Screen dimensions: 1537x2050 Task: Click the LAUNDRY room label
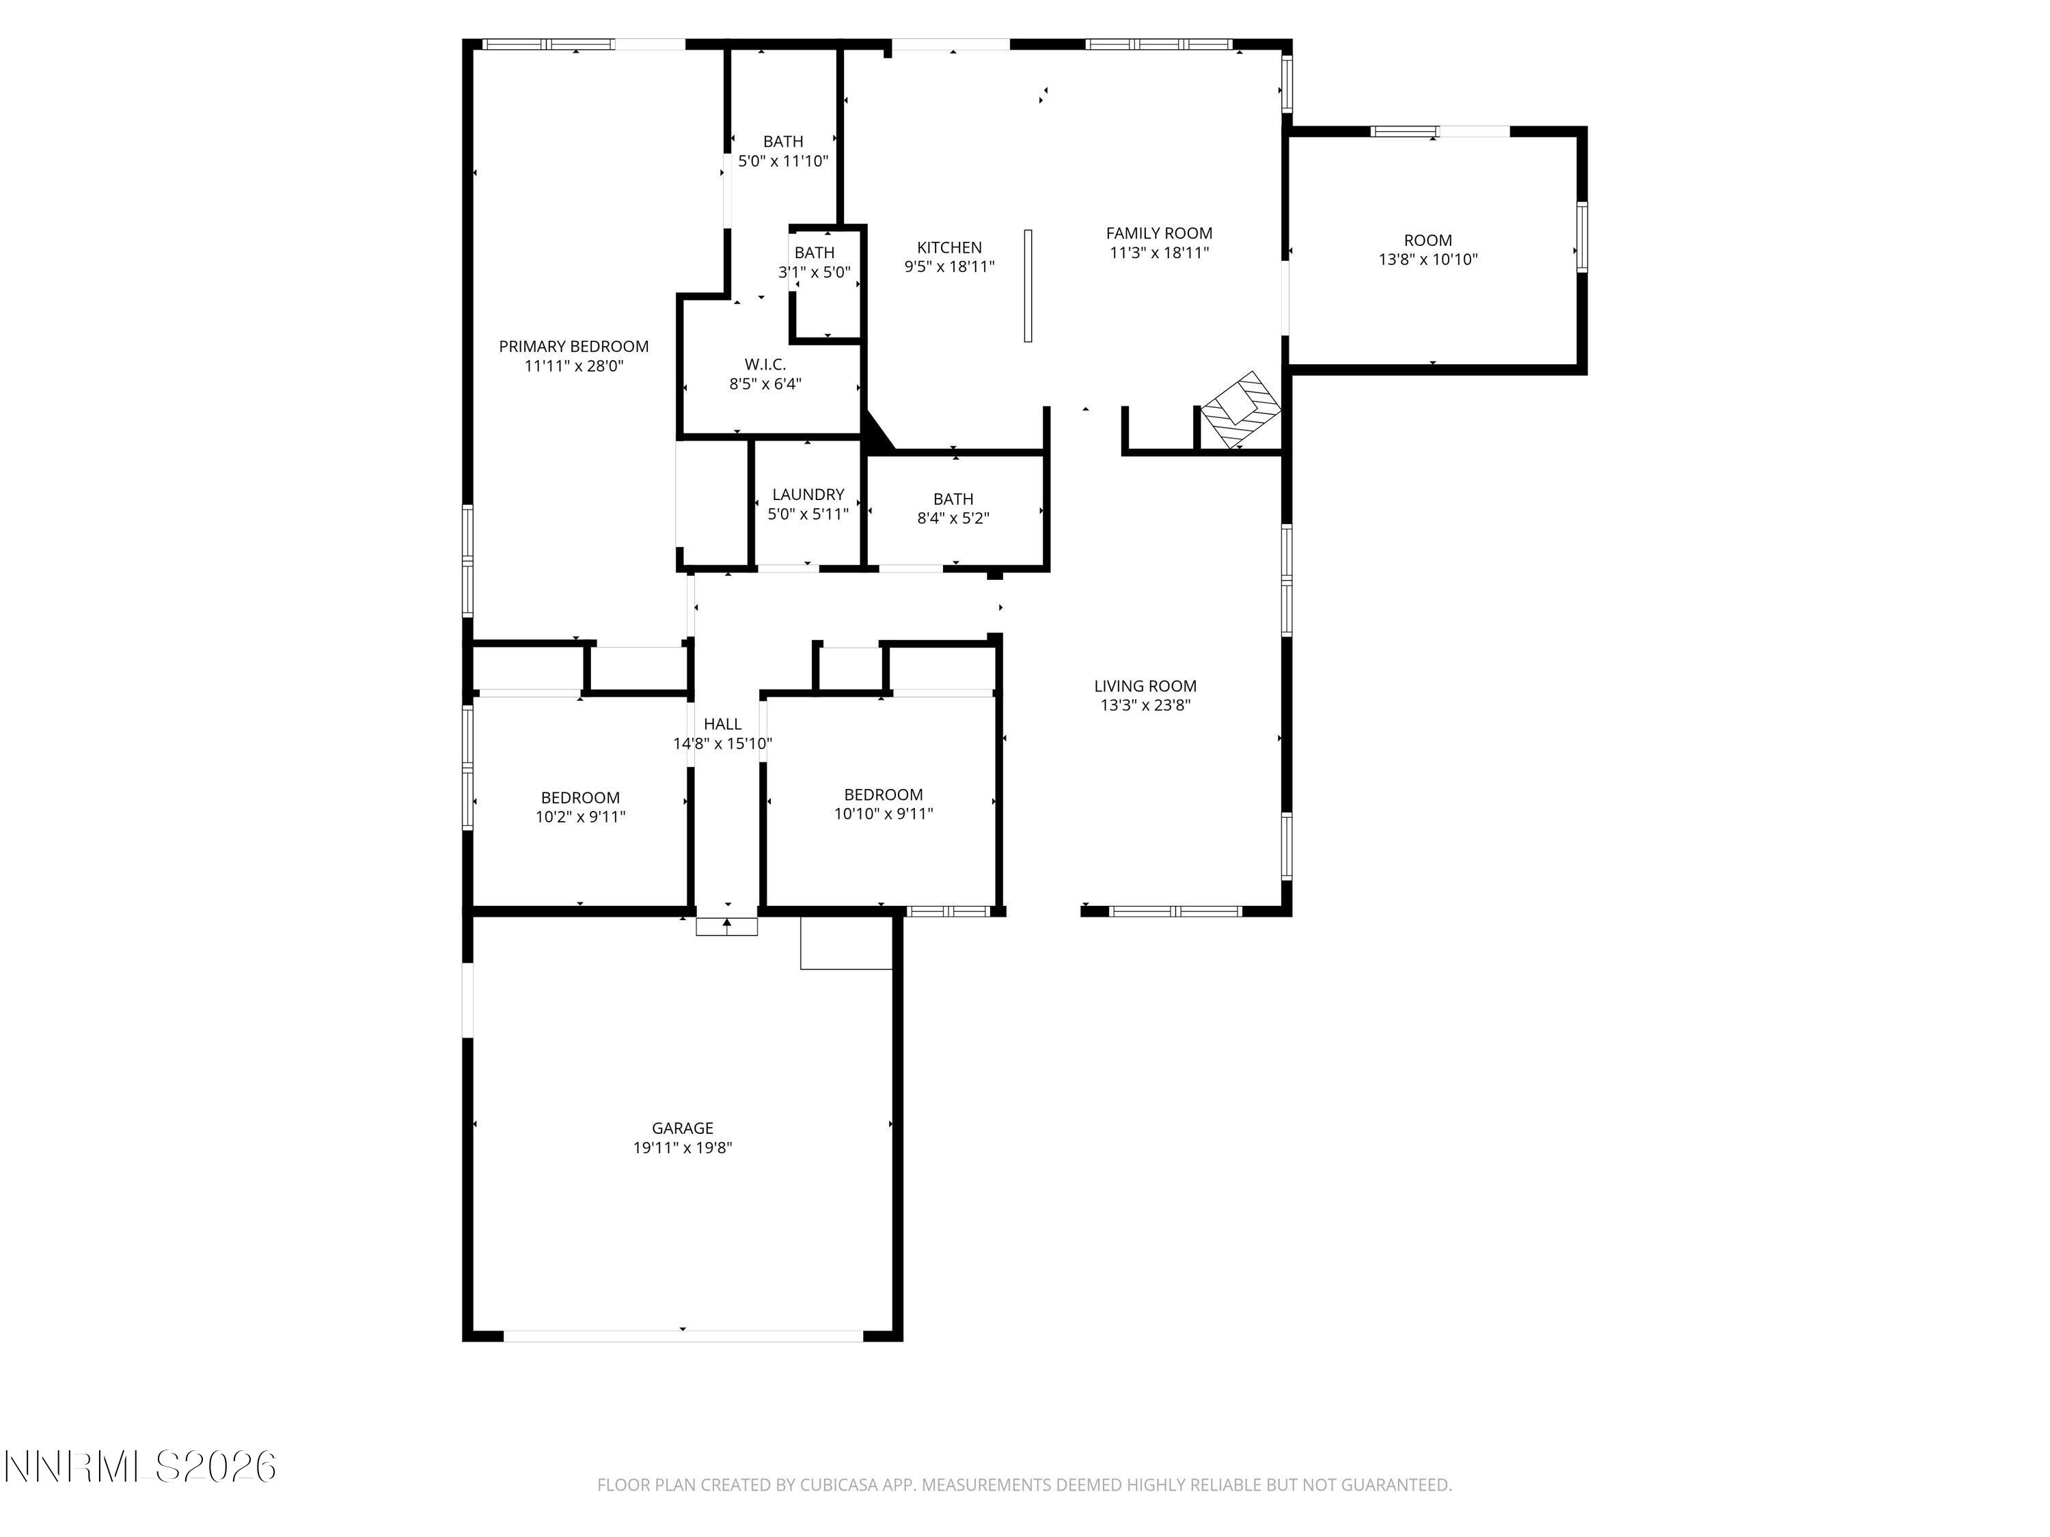pyautogui.click(x=807, y=495)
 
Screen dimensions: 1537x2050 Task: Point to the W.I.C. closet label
pyautogui.click(x=765, y=365)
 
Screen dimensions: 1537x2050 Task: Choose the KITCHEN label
pyautogui.click(x=949, y=247)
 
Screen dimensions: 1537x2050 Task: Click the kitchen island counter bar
pyautogui.click(x=1027, y=286)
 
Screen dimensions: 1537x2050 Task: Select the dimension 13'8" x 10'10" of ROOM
pyautogui.click(x=1427, y=260)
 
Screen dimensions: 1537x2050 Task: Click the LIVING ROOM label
pyautogui.click(x=1145, y=686)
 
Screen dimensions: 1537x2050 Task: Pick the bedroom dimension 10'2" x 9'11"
pyautogui.click(x=580, y=816)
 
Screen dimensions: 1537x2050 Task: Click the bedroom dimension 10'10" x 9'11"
pyautogui.click(x=883, y=814)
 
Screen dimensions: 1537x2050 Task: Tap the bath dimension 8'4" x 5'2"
pyautogui.click(x=953, y=518)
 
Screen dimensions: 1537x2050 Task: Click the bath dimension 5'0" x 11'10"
pyautogui.click(x=782, y=161)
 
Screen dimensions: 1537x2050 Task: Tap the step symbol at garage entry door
pyautogui.click(x=726, y=926)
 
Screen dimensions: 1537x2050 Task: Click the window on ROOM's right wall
pyautogui.click(x=1582, y=237)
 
